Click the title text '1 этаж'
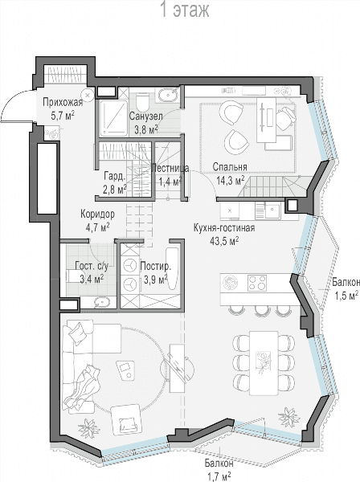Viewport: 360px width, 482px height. point(185,10)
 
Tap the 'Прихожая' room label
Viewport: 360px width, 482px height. point(63,102)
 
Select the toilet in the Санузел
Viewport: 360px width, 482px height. point(142,102)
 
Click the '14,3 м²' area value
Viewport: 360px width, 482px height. point(231,181)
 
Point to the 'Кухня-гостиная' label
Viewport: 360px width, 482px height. point(224,228)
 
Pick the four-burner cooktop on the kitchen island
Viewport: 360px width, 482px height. point(257,283)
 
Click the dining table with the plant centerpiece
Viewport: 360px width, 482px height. point(264,363)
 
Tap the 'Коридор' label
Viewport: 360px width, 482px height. point(97,214)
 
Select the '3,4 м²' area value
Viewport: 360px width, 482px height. point(92,279)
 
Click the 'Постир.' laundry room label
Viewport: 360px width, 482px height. point(155,266)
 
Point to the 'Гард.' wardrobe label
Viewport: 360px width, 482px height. point(115,177)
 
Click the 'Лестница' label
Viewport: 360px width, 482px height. point(170,168)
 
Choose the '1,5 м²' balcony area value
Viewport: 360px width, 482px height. point(346,295)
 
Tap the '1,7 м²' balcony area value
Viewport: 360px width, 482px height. point(219,477)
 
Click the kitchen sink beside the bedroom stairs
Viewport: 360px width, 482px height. point(272,211)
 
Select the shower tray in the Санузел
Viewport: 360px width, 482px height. point(113,118)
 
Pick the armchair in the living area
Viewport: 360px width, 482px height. point(125,419)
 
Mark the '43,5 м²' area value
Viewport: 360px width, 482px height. point(224,241)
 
